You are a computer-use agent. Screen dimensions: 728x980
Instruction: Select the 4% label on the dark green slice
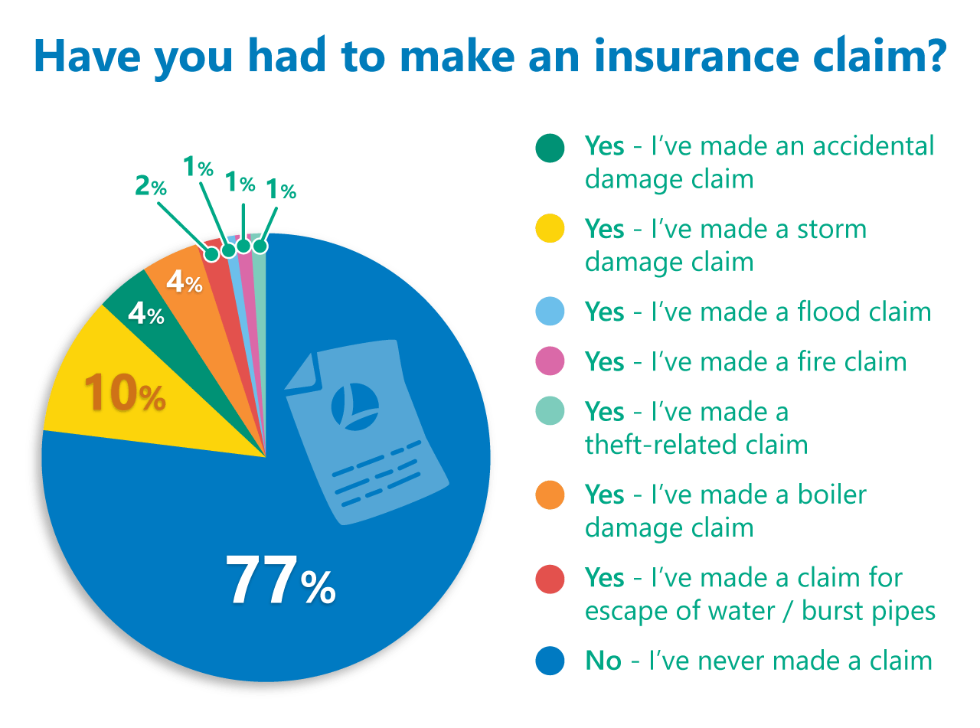145,314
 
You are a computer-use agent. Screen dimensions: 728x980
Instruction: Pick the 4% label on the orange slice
184,283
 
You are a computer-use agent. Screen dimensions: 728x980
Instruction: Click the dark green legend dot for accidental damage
550,148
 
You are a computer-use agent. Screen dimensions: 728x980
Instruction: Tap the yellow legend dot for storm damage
550,230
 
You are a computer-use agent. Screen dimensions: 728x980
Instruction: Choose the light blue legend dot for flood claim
550,312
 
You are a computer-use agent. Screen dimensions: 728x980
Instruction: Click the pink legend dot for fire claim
550,361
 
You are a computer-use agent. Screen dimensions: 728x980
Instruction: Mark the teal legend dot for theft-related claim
550,412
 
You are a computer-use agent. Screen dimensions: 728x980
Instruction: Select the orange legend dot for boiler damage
550,495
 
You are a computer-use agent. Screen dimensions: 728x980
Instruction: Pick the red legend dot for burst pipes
550,578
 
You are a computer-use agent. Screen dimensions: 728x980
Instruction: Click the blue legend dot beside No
550,660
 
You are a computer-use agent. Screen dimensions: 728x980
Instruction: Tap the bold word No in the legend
603,660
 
